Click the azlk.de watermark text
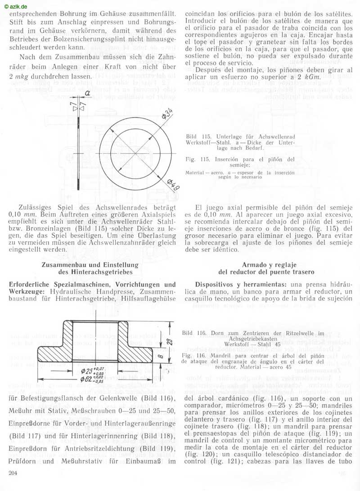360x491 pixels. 16,6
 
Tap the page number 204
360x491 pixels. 14,472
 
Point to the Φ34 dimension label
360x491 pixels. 167,113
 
